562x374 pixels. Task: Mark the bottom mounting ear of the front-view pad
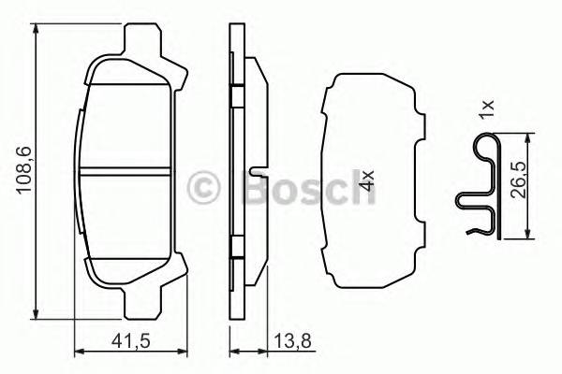tap(140, 300)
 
